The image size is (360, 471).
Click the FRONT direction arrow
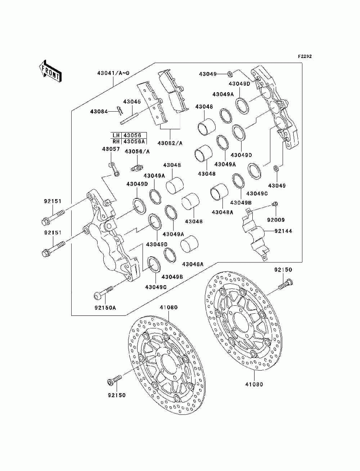coord(50,71)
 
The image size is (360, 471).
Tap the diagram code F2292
coord(305,57)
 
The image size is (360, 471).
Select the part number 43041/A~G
coord(113,73)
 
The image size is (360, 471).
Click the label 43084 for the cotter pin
coord(99,112)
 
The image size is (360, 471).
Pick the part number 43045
coord(132,102)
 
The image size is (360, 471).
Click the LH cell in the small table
coord(116,135)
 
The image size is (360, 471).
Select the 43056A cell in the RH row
coord(134,142)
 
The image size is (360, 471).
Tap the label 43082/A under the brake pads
coord(170,143)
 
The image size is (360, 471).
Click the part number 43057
coord(111,149)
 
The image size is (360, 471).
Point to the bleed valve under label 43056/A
coord(137,167)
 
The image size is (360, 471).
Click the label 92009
coord(276,220)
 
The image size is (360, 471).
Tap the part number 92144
coord(283,231)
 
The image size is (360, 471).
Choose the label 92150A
coord(105,308)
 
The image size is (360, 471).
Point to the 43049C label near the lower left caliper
coord(156,287)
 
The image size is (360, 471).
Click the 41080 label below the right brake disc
coord(254,384)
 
